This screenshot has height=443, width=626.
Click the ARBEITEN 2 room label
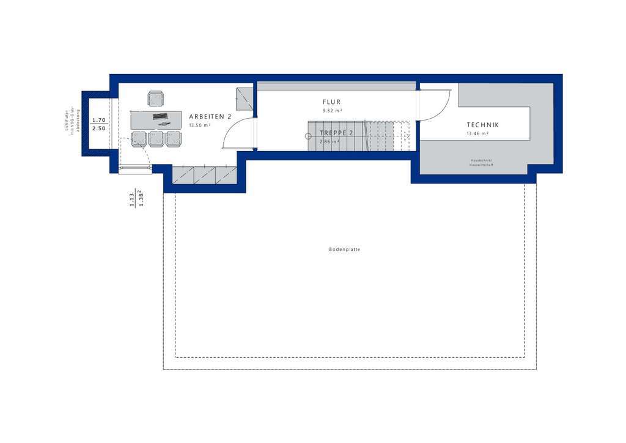[x=210, y=116]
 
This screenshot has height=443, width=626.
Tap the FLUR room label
[x=331, y=102]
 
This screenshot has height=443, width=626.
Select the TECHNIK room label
[x=483, y=125]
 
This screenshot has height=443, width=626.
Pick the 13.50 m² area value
[x=200, y=125]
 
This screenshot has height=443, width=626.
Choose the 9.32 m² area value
[x=332, y=111]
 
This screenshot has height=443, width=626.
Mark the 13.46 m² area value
[x=477, y=133]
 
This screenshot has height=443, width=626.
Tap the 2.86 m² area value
[x=329, y=141]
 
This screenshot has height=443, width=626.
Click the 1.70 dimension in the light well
[x=98, y=120]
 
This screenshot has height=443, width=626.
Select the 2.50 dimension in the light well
[x=98, y=128]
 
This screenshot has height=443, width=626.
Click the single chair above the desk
[x=156, y=99]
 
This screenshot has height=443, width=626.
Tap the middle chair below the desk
[x=156, y=139]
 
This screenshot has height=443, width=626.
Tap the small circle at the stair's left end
[x=308, y=136]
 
